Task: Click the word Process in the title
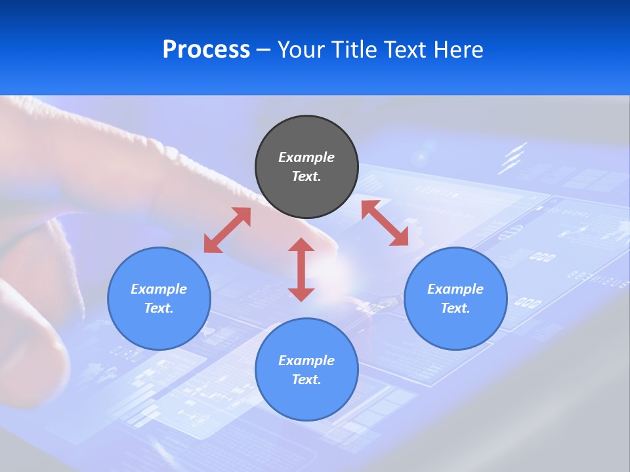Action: tap(206, 50)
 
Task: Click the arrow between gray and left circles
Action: tap(227, 230)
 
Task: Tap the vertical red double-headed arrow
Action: tap(301, 269)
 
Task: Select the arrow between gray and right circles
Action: tap(385, 223)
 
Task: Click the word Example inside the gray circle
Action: tap(306, 157)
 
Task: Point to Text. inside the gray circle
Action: tap(306, 176)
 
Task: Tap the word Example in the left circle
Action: tap(159, 289)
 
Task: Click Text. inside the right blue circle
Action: tap(455, 308)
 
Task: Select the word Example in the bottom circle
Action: tap(306, 361)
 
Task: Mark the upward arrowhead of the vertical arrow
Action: tap(301, 245)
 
